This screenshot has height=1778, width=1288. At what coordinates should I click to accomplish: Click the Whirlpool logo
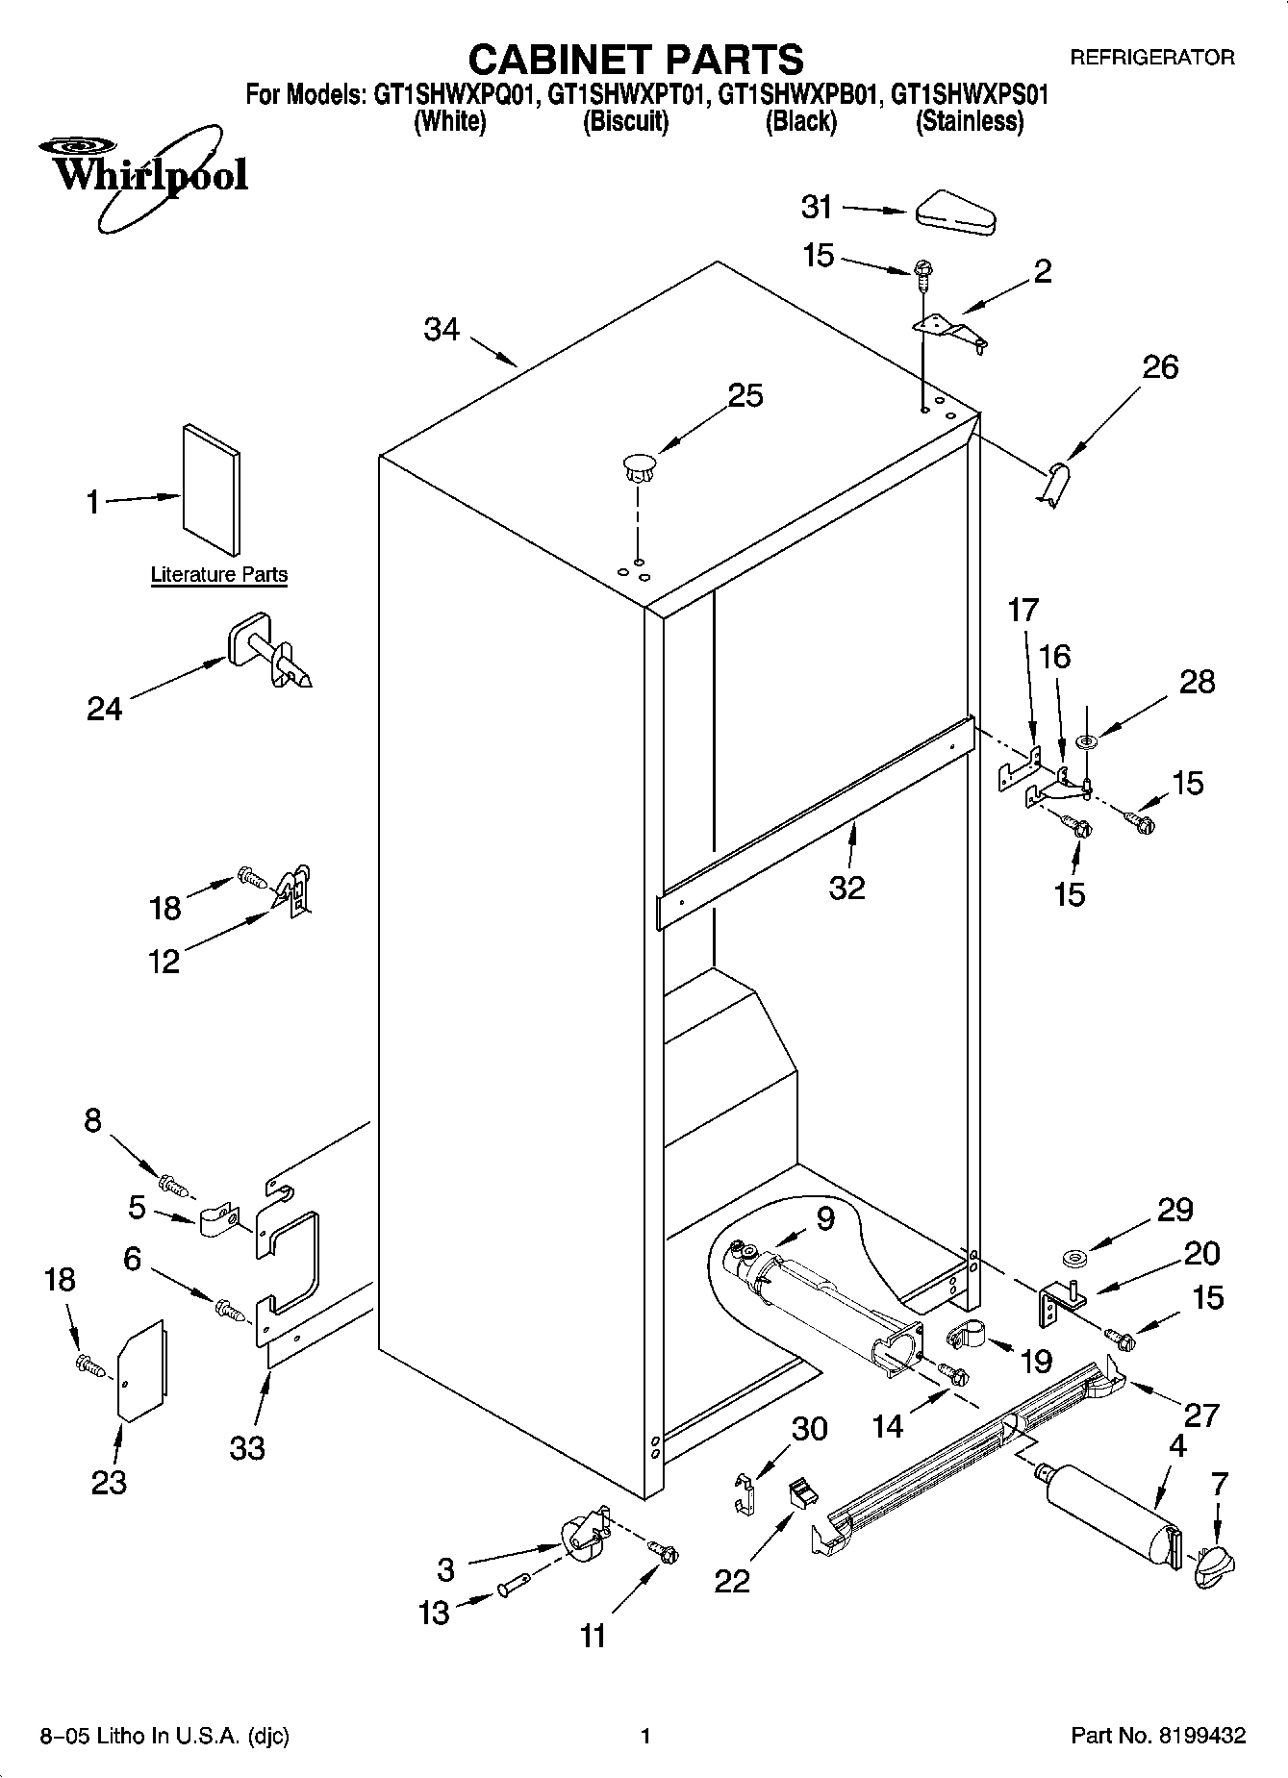point(144,175)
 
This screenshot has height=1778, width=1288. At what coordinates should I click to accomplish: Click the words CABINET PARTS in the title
point(635,60)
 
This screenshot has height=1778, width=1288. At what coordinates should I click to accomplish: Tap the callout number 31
point(817,207)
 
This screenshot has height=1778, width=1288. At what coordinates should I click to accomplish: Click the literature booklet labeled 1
point(212,490)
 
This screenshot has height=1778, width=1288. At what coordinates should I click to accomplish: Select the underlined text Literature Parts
point(219,575)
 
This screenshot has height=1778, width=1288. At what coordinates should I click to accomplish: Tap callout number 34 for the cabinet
point(442,330)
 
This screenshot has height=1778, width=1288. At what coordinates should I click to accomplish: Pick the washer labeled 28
point(1088,740)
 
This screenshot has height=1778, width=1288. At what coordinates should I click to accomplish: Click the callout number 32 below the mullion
point(846,887)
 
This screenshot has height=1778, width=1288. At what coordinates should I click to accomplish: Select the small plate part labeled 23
point(141,1370)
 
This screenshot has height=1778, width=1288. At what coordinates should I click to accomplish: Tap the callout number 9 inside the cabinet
point(825,1218)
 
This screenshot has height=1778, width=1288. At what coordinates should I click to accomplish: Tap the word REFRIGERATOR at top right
point(1151,58)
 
